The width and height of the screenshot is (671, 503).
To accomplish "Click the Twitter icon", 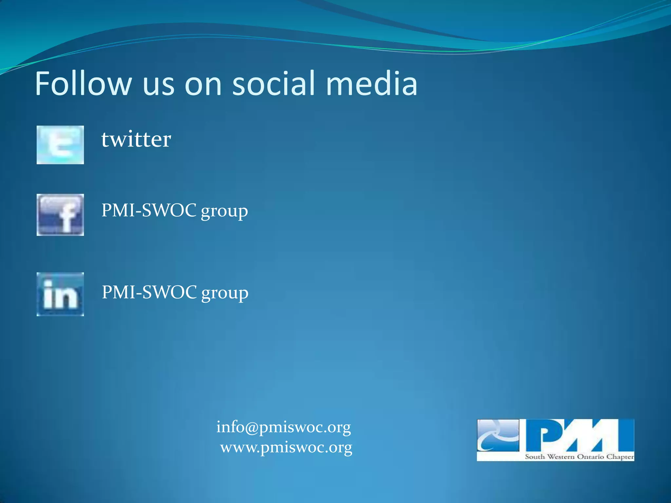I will (60, 145).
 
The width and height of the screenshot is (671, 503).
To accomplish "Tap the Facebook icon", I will (60, 215).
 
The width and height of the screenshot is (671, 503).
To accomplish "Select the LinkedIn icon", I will (60, 294).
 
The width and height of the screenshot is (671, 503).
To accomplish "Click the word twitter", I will (136, 140).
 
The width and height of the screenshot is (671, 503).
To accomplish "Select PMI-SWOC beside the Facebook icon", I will (149, 210).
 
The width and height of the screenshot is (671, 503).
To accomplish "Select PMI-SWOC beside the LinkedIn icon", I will (149, 292).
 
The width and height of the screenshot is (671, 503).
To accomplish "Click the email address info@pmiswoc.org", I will (283, 427).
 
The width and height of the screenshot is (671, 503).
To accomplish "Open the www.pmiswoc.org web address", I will (286, 447).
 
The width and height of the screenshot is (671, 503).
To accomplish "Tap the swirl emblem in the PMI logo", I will (498, 436).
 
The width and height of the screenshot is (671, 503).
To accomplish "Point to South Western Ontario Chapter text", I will (579, 456).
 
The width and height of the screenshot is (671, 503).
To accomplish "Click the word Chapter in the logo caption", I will (620, 456).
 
